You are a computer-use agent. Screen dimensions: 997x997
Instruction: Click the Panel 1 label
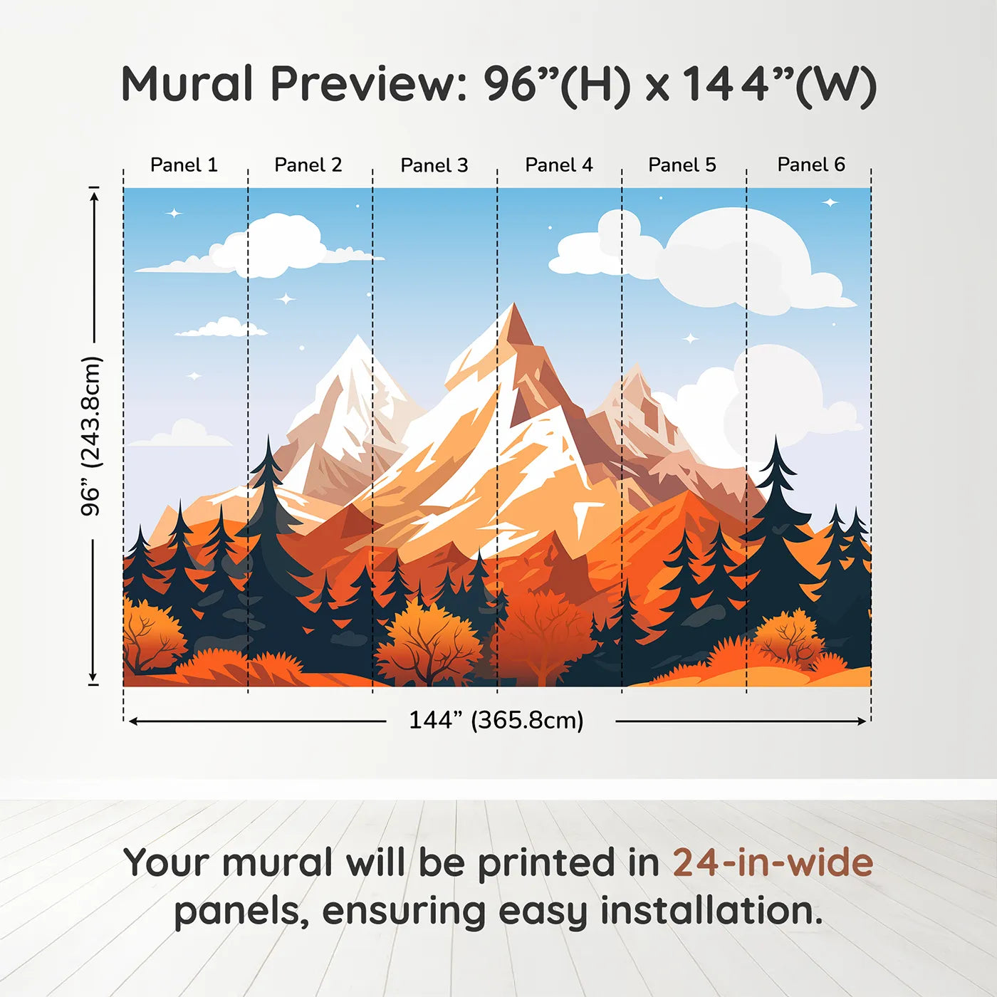(184, 165)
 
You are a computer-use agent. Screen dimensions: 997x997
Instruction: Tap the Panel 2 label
(308, 165)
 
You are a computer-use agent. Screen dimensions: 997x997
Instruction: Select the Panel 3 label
(434, 165)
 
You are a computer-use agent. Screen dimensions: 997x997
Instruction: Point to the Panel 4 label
(558, 165)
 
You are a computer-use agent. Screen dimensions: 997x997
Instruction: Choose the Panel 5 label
(682, 165)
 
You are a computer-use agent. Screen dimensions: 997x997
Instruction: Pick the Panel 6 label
(810, 165)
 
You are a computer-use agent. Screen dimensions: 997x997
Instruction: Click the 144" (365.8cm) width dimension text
(496, 720)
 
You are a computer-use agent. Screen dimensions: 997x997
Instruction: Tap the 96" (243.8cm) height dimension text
(91, 436)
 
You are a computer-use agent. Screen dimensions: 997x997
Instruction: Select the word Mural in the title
(187, 84)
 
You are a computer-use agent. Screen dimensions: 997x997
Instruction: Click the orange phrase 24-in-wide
(773, 862)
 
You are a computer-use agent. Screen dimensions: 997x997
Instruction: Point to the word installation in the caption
(711, 911)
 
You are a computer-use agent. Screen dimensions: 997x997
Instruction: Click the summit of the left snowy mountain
(356, 338)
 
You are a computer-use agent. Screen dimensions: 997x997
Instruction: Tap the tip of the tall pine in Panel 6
(776, 439)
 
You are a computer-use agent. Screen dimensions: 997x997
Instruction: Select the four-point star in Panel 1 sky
(174, 213)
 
